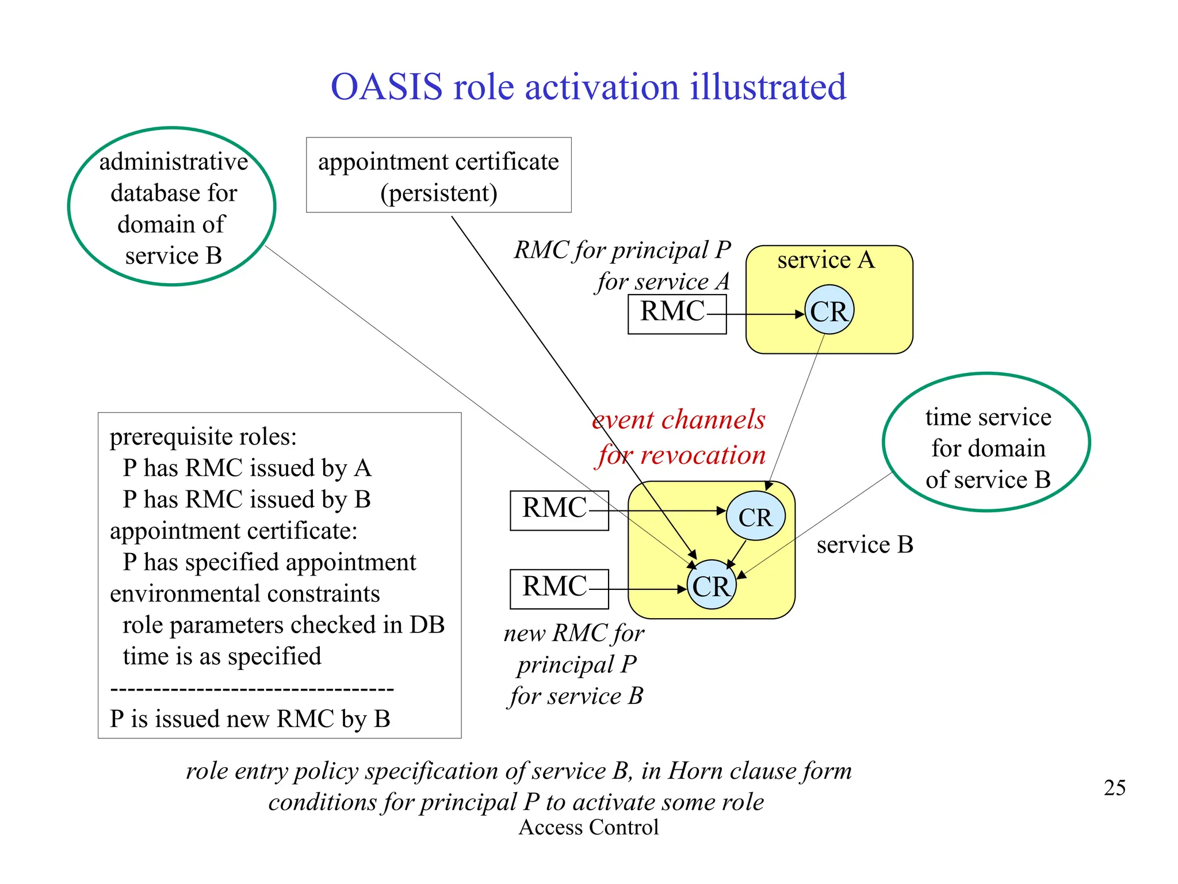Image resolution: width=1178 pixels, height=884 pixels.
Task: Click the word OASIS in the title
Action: [x=386, y=87]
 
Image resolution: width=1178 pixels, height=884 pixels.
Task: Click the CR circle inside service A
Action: [x=829, y=311]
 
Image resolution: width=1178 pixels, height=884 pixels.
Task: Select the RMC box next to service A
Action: [x=676, y=314]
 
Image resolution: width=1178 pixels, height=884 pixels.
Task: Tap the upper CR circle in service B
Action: [x=755, y=516]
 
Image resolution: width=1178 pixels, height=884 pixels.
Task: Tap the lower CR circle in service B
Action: [x=712, y=585]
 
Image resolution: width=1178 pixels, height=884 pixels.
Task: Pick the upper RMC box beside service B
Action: [x=559, y=510]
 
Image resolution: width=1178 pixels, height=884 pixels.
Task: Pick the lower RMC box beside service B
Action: [x=559, y=588]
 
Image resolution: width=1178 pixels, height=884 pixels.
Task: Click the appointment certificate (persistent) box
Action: [x=438, y=176]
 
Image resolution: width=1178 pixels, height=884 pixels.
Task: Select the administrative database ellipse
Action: [x=172, y=207]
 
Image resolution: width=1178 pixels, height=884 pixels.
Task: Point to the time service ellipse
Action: [x=986, y=443]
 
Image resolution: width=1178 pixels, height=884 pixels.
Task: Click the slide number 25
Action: [x=1114, y=787]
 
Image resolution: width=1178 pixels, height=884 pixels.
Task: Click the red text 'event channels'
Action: [x=679, y=420]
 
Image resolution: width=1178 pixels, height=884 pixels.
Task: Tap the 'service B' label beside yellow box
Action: [x=865, y=544]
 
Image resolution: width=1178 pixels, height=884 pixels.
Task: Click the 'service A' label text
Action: [x=825, y=260]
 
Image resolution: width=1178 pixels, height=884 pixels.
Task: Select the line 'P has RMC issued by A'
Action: [x=247, y=468]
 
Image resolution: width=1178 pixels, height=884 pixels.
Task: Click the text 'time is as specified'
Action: [x=221, y=656]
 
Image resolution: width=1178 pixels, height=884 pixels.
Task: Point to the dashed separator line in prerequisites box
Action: [x=251, y=688]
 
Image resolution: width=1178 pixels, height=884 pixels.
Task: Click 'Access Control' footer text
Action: [x=588, y=827]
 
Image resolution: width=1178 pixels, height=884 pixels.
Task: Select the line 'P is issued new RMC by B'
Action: [x=250, y=719]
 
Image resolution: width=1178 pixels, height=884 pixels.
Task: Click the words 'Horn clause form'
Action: [x=759, y=771]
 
